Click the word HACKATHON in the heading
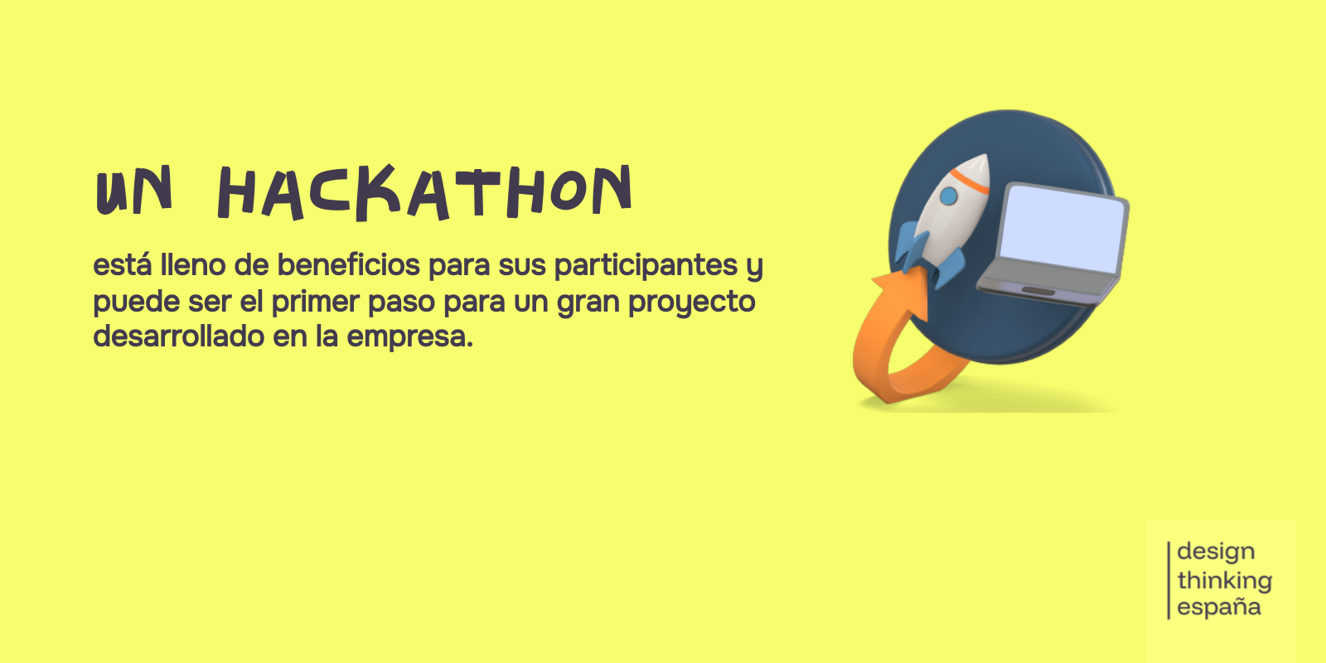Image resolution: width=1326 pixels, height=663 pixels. (425, 192)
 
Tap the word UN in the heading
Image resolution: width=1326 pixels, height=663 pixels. (133, 191)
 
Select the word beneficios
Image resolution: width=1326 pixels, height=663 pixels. (349, 264)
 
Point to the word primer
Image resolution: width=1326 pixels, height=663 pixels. (316, 302)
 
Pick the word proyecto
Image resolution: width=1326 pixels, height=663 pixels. (691, 302)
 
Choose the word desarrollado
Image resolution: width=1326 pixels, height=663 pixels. (179, 336)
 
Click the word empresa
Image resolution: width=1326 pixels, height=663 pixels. (409, 337)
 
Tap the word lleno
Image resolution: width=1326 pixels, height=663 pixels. (193, 264)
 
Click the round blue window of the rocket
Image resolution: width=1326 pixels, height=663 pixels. (948, 196)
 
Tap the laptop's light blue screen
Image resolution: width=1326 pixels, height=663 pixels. (1062, 229)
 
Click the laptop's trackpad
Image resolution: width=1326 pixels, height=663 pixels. (1038, 290)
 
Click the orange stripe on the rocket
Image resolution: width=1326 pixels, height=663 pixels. (970, 181)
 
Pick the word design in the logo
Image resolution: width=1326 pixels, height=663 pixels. (1216, 552)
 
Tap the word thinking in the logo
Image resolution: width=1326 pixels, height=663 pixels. (1224, 580)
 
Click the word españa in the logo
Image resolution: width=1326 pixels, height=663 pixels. (1219, 607)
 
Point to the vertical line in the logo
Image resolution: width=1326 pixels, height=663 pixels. (1169, 580)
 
